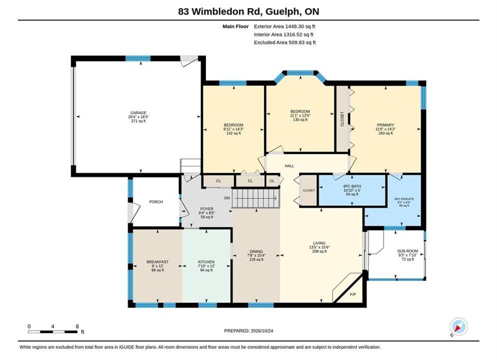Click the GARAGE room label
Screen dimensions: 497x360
coord(138,113)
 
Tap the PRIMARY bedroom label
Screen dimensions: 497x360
coord(385,125)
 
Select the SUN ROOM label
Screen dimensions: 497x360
coord(407,251)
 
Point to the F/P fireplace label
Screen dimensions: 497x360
coord(353,294)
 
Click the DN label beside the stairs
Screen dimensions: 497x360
coord(227,198)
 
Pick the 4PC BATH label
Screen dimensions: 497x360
coord(352,186)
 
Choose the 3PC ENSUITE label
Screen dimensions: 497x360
coord(404,199)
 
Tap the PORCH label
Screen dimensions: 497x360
coord(156,202)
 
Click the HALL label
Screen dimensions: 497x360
coord(289,165)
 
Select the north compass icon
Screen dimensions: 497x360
coord(458,326)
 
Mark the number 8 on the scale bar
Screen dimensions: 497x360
coord(77,326)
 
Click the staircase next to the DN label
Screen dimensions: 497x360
coord(256,198)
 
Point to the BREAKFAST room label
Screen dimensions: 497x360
coord(157,262)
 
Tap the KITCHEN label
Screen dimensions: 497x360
coord(206,262)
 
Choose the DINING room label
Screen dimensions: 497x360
coord(256,251)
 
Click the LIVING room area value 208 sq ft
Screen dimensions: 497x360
coord(319,251)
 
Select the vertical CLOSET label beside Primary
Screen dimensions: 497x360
coord(342,119)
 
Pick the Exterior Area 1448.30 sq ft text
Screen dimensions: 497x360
coord(284,26)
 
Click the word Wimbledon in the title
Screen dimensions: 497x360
coord(219,11)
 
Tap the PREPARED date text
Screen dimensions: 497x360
coord(248,331)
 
